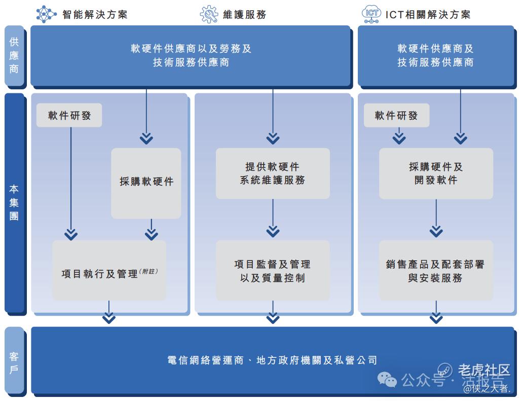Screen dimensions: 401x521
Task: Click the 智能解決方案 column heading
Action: (95, 14)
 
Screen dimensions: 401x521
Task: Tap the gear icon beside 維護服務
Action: (209, 14)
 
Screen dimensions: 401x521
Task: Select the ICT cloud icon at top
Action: (371, 14)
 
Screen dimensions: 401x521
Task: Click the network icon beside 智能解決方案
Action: (46, 14)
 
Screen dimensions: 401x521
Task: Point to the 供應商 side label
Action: (14, 55)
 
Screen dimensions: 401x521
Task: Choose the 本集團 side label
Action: (14, 202)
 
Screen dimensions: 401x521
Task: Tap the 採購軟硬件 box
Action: (146, 182)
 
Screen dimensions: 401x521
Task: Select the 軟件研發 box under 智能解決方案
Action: (69, 115)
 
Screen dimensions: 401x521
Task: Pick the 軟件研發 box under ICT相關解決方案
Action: (396, 115)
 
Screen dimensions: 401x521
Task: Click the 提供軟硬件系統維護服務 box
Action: (273, 173)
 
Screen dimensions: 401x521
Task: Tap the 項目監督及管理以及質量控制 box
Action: (273, 271)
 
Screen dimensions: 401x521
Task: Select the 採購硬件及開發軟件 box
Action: (436, 173)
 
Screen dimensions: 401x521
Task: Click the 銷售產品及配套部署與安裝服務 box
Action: (436, 271)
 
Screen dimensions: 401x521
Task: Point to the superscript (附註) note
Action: (148, 272)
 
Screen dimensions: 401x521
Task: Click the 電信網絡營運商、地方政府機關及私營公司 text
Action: (273, 360)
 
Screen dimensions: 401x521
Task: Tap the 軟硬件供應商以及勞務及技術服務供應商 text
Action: (191, 55)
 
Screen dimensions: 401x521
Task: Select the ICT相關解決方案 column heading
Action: (428, 14)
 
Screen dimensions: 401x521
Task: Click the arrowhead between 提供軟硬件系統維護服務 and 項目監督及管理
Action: (273, 231)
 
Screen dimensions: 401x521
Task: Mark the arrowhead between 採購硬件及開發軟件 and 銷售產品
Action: (436, 231)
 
